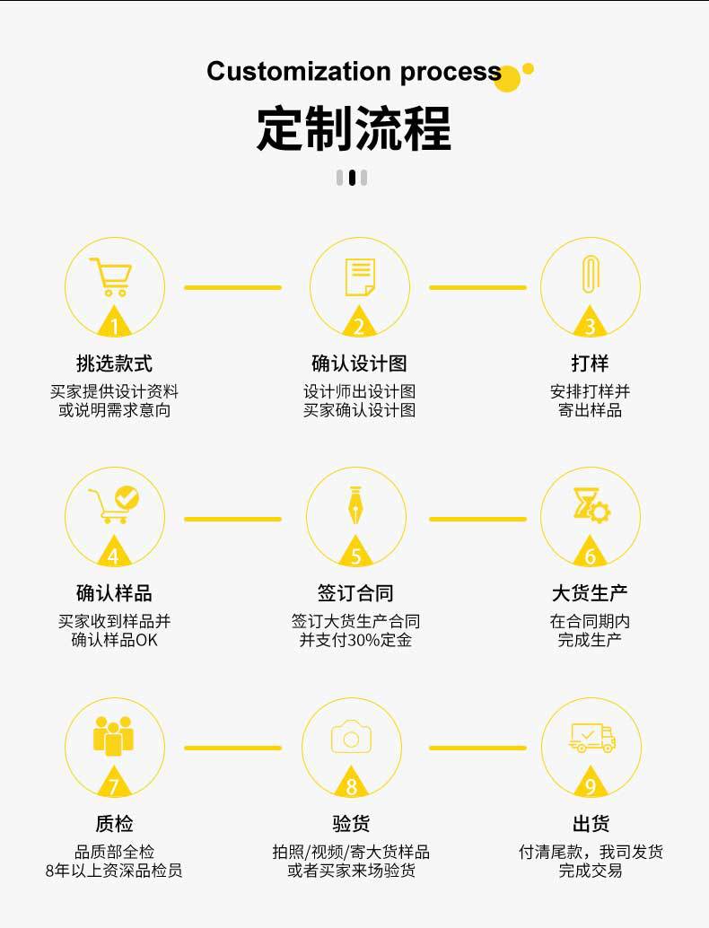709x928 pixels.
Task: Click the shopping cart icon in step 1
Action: [111, 276]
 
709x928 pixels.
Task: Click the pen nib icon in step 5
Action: [356, 507]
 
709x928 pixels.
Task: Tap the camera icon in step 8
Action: [351, 737]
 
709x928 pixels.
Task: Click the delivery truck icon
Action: [592, 738]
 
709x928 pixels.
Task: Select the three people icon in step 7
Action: [113, 736]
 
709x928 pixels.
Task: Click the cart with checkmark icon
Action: [113, 505]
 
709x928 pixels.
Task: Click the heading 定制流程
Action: [354, 128]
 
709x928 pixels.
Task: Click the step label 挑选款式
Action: [114, 363]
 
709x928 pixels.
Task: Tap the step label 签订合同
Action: [355, 593]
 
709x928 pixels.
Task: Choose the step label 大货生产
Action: [590, 593]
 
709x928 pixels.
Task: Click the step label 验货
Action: [351, 824]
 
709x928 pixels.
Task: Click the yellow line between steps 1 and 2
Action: [232, 288]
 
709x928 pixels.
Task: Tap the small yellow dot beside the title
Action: [529, 68]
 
